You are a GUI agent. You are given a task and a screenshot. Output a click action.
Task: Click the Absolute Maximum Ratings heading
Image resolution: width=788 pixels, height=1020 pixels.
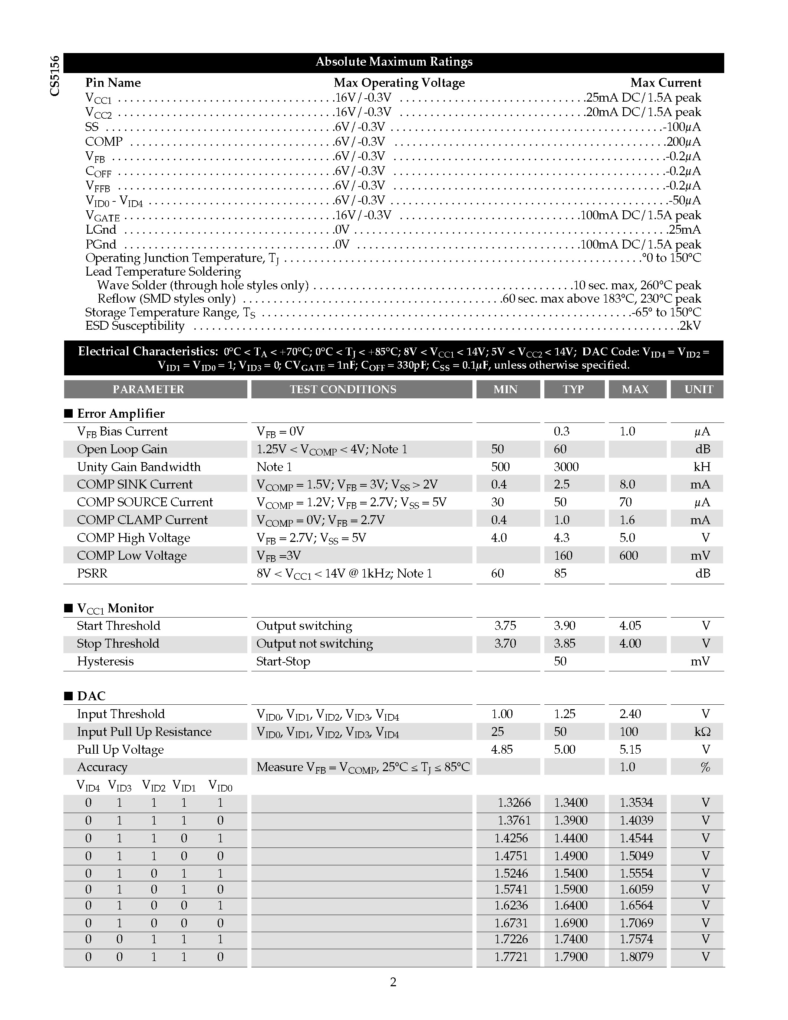pos(393,62)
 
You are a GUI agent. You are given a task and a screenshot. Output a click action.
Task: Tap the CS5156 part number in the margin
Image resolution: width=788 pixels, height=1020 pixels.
pos(55,76)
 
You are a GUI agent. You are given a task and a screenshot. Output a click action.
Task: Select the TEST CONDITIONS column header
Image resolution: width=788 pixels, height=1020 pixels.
pos(343,389)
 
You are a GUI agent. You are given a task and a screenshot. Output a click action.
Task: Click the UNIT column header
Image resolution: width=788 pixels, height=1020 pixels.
pos(698,389)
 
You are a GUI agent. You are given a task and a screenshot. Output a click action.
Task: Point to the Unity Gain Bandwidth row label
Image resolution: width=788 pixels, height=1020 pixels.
pos(139,467)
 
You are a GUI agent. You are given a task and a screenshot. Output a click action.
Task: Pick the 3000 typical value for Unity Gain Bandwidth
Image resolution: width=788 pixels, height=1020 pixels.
pos(566,467)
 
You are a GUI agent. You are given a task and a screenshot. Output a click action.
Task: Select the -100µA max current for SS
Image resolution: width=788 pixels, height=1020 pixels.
pos(682,127)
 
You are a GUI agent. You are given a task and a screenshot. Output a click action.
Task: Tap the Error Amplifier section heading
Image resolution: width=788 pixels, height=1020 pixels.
pos(121,413)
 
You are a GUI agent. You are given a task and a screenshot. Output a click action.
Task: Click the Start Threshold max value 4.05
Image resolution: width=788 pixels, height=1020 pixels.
pos(630,625)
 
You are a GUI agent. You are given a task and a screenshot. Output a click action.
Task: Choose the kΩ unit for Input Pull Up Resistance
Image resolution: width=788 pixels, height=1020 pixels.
pos(702,731)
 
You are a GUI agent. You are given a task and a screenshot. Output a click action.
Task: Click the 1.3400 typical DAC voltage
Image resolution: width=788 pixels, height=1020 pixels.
pos(570,802)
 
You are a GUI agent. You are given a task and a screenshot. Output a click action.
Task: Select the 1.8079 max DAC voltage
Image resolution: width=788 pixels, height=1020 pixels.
pos(636,957)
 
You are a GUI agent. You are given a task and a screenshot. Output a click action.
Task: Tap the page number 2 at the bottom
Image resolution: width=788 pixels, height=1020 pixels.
pos(393,982)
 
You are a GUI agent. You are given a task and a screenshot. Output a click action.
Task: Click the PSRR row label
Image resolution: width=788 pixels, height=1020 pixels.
pos(92,573)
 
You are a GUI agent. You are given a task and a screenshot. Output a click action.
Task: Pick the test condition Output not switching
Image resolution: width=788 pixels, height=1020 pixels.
pos(314,643)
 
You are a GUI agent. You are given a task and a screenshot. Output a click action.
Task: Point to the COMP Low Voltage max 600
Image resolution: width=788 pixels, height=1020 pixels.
pos(628,555)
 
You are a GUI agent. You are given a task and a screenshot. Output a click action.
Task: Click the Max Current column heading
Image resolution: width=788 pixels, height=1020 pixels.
pos(665,83)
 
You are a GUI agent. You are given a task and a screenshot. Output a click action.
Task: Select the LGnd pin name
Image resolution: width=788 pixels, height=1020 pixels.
pos(101,229)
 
